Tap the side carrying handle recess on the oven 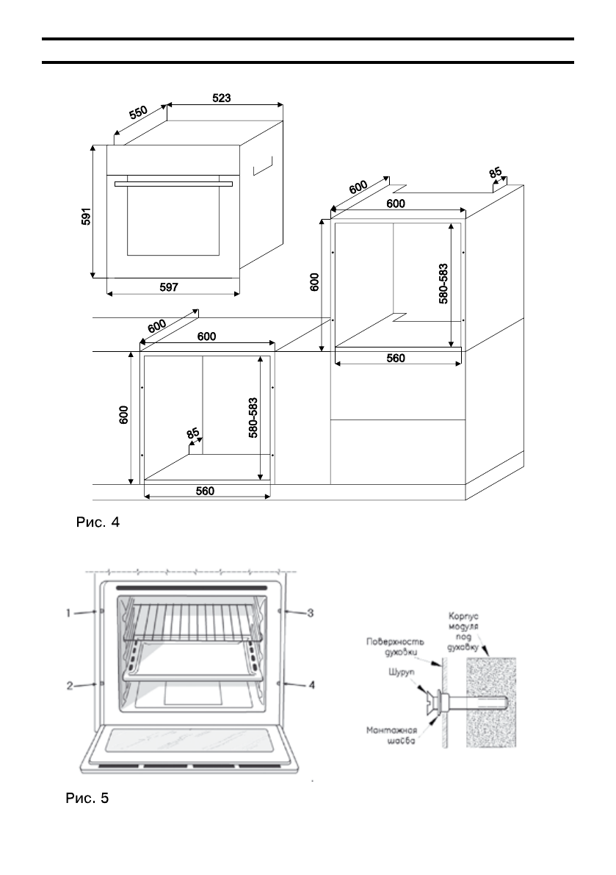[x=262, y=165]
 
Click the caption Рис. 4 [x=97, y=523]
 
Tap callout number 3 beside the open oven [x=311, y=611]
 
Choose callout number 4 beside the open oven [x=311, y=685]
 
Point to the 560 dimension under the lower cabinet [x=205, y=491]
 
